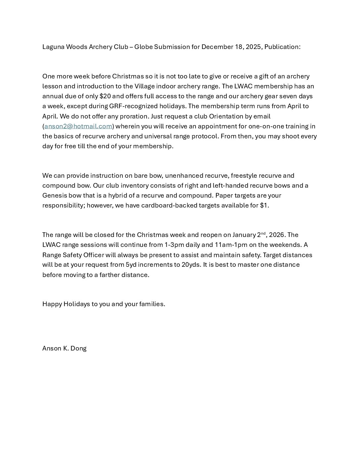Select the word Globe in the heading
point(144,47)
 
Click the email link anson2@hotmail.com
point(78,126)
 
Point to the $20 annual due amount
point(105,96)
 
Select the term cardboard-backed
point(169,206)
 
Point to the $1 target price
point(264,206)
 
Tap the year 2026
point(277,235)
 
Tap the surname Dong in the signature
point(78,349)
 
